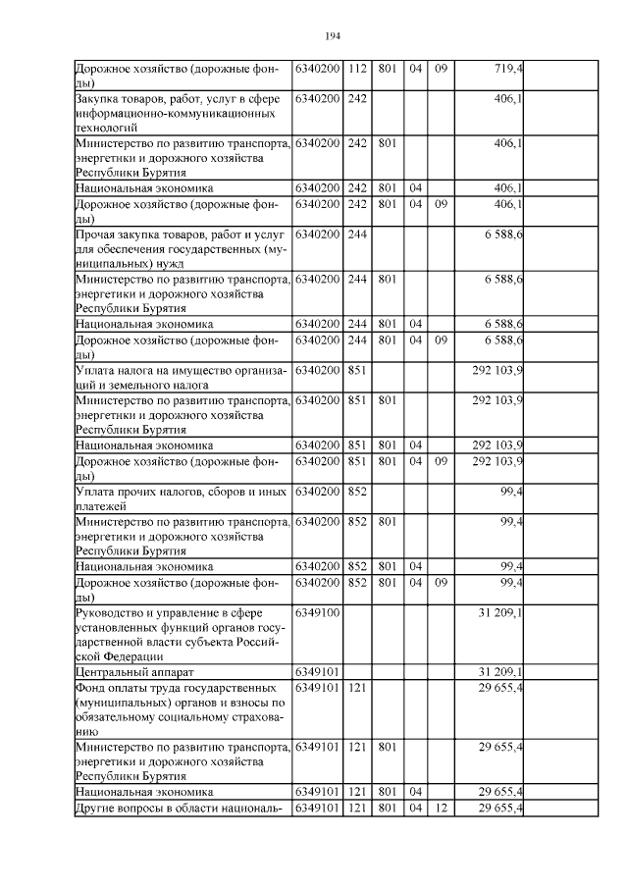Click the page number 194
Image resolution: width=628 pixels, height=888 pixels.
click(332, 36)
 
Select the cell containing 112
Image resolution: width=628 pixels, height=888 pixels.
click(357, 69)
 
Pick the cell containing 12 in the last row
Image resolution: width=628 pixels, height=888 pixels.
click(441, 808)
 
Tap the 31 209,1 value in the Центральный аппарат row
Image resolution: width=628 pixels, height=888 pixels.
click(499, 672)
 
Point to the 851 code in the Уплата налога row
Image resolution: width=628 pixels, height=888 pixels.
click(357, 371)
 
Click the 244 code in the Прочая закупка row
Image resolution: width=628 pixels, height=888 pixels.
click(357, 235)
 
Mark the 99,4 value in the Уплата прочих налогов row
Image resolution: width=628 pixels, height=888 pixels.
click(510, 492)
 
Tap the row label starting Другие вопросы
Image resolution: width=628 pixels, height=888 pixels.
click(178, 808)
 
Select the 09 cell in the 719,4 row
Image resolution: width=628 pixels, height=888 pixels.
click(441, 69)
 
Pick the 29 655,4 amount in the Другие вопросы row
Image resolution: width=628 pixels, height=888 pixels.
click(499, 808)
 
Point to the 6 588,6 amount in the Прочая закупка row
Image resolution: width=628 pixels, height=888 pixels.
click(502, 235)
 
